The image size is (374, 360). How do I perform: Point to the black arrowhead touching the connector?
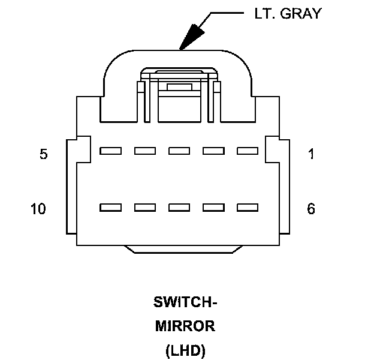coord(191,37)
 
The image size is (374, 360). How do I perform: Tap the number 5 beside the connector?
coord(43,154)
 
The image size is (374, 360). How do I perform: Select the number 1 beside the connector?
coord(310,154)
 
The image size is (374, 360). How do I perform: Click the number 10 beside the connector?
coord(38,209)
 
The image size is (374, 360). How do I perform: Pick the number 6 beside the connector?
coord(310,209)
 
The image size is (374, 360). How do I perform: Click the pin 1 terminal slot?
coord(248,151)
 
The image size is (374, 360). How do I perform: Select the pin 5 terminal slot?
coord(111,151)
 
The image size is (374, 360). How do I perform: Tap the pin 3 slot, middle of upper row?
coord(179,151)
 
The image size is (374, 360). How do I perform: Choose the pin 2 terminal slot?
coord(213,151)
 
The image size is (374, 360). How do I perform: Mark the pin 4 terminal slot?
coord(145,151)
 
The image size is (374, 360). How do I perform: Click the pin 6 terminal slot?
coord(248,208)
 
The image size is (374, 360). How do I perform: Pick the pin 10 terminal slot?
coord(111,208)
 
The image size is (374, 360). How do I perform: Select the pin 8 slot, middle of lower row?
coord(179,208)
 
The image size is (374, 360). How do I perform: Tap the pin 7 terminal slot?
coord(213,208)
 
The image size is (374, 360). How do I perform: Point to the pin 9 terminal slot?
coord(145,208)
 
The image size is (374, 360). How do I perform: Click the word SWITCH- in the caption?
coord(185,302)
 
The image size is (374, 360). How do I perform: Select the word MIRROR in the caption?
coord(185,326)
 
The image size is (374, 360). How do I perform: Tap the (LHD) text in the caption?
coord(185,351)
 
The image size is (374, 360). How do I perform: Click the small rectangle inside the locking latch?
coord(179,87)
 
